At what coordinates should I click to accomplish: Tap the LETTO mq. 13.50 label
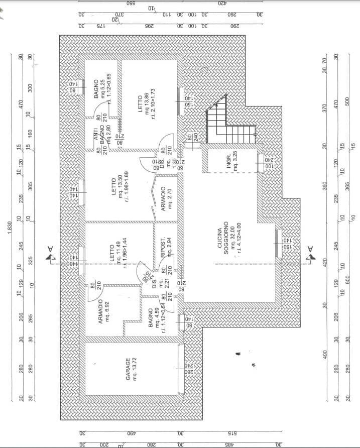click(x=121, y=187)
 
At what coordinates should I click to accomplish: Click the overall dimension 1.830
click(x=11, y=228)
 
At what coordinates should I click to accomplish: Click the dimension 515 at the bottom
click(x=231, y=433)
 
